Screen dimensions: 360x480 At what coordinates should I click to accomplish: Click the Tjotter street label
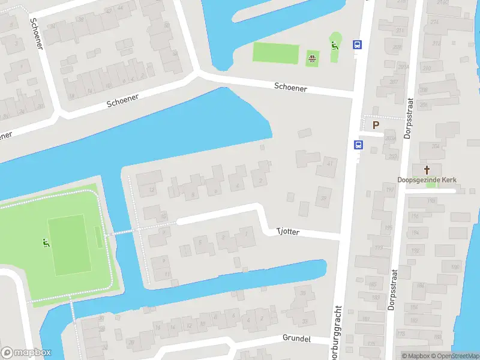click(287, 232)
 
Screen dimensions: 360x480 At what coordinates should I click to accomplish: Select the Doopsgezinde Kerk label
click(427, 179)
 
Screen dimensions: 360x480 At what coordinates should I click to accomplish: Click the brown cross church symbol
click(427, 170)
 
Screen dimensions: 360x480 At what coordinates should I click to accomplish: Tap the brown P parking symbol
click(376, 125)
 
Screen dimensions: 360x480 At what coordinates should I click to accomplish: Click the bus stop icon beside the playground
click(357, 44)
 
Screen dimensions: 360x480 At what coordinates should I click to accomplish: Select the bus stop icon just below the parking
click(358, 145)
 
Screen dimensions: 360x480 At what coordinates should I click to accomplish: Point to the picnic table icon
click(312, 58)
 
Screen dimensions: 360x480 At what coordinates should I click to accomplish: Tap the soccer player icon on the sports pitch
click(45, 243)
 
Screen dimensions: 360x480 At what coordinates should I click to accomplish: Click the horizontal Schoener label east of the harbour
click(290, 88)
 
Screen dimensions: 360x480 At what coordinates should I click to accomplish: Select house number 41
click(329, 163)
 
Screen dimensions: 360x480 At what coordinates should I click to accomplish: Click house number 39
click(324, 198)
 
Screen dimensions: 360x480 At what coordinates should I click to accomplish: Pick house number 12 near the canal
click(152, 190)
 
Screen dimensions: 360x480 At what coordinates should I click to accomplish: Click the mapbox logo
click(26, 353)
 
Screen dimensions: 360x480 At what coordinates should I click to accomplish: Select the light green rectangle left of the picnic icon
click(275, 53)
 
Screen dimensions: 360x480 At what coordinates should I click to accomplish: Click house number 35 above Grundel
click(302, 293)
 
